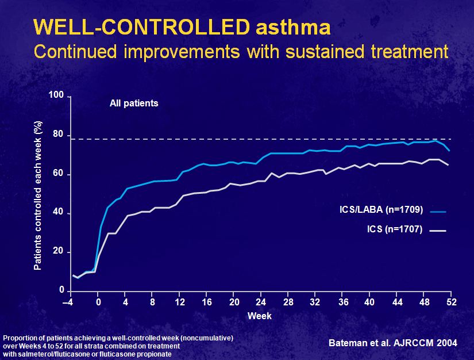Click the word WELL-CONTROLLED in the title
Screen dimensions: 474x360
(x=142, y=27)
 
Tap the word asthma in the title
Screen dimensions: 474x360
(x=293, y=27)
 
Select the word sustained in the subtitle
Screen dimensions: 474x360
(x=325, y=51)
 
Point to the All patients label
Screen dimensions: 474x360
(x=134, y=103)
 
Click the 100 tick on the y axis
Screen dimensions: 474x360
(x=56, y=95)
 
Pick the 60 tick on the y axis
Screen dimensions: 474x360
(x=59, y=173)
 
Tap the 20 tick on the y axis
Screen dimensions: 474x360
(x=59, y=251)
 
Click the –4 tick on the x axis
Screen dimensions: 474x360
(x=68, y=302)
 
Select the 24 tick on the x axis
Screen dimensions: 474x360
(x=261, y=302)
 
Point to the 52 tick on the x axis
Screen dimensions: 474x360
(x=452, y=302)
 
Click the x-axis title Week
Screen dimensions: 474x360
(x=259, y=316)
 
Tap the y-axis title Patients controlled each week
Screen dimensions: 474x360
(x=37, y=196)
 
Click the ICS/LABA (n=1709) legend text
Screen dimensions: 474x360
(x=381, y=209)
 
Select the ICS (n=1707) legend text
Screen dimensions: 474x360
(x=395, y=229)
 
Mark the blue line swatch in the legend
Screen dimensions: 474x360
(x=438, y=212)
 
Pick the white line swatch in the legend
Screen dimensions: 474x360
(x=438, y=231)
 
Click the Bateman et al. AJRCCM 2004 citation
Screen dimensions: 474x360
(x=392, y=343)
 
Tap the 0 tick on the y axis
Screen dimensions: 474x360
(x=61, y=290)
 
